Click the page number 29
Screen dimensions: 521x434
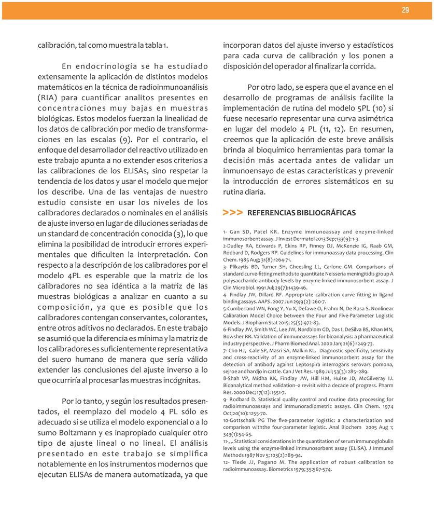click(x=405, y=10)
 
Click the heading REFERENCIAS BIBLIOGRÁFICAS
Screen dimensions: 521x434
click(x=302, y=213)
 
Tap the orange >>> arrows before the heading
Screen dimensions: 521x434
click(x=232, y=213)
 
